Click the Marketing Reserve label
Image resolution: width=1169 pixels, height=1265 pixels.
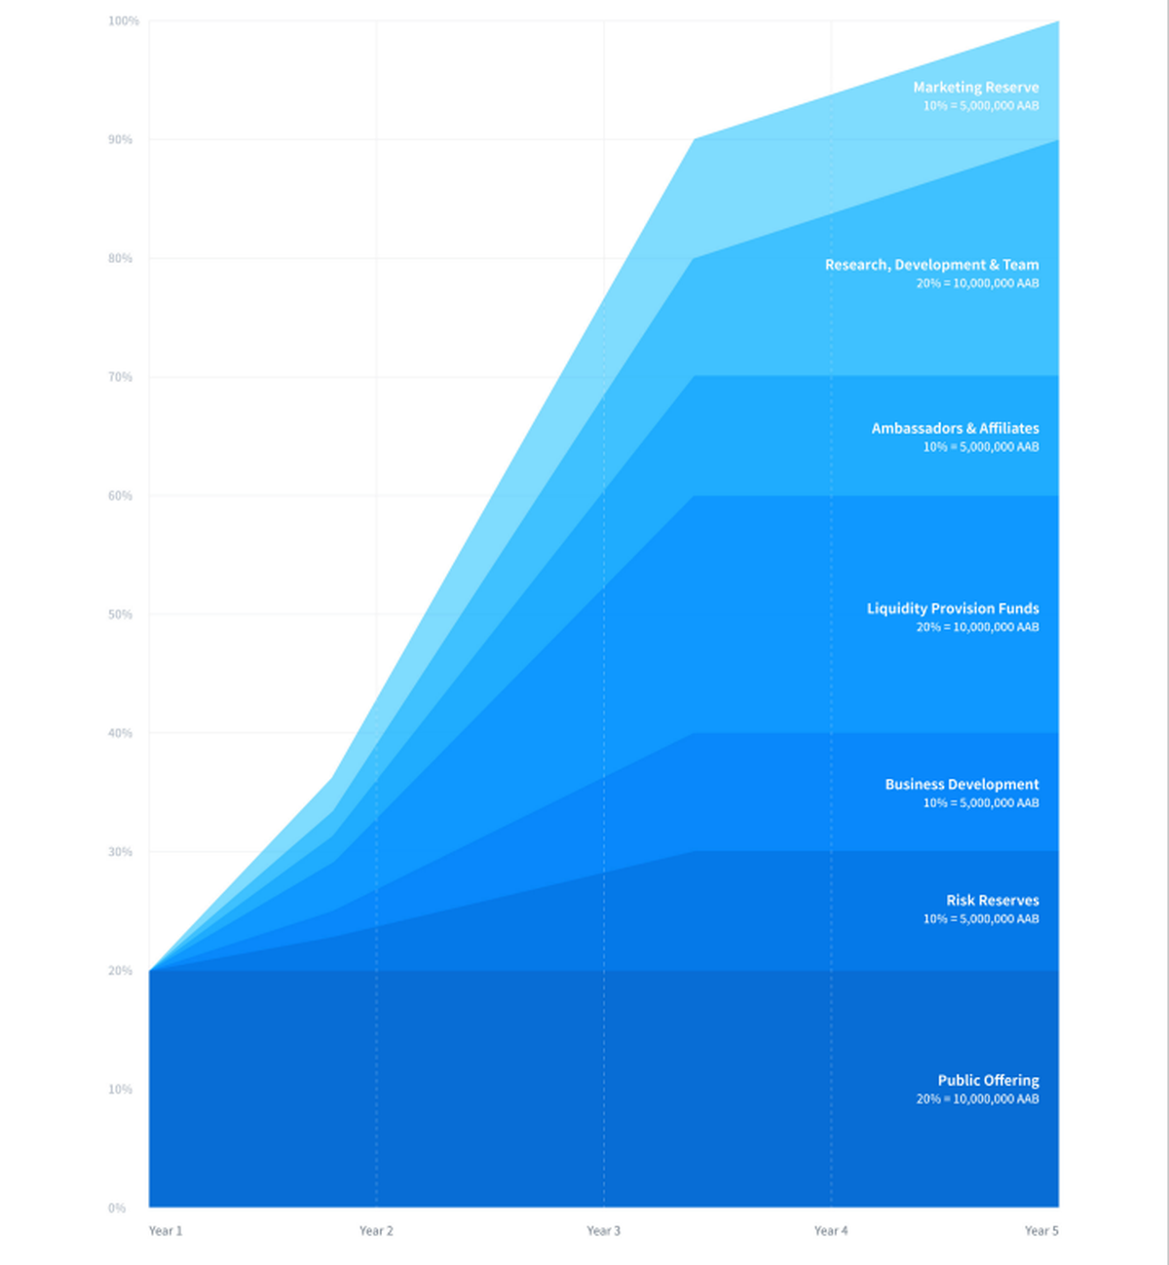click(975, 88)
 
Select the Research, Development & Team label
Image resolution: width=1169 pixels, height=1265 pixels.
click(931, 265)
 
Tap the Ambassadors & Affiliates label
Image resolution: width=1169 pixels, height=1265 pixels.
click(955, 428)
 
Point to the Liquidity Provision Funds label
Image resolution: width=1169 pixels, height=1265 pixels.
click(953, 609)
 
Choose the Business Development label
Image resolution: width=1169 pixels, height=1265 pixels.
click(962, 785)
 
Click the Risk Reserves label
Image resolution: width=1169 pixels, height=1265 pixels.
click(992, 901)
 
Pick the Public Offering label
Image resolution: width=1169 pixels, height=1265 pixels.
click(988, 1081)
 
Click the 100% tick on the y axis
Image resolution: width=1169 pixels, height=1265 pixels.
click(124, 21)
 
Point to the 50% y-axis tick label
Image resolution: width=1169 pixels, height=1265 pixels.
click(120, 614)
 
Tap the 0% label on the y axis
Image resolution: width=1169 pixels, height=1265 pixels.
click(117, 1209)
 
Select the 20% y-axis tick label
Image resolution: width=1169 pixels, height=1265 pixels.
click(120, 971)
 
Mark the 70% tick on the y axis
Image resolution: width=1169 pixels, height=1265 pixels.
click(120, 378)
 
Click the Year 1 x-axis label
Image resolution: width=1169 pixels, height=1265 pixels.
click(166, 1231)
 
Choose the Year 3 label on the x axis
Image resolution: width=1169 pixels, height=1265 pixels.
click(603, 1231)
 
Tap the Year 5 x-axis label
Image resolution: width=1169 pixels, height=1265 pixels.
click(1040, 1231)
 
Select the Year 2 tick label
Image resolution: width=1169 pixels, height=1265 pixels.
click(376, 1231)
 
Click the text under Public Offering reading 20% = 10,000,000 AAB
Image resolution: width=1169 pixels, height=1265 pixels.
click(977, 1099)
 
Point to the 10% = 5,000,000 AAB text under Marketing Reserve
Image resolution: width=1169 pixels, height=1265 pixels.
click(981, 106)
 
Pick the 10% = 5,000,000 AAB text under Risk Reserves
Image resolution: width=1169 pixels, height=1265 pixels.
click(981, 919)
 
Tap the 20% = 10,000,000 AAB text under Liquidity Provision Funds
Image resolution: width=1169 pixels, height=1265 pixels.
click(977, 627)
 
